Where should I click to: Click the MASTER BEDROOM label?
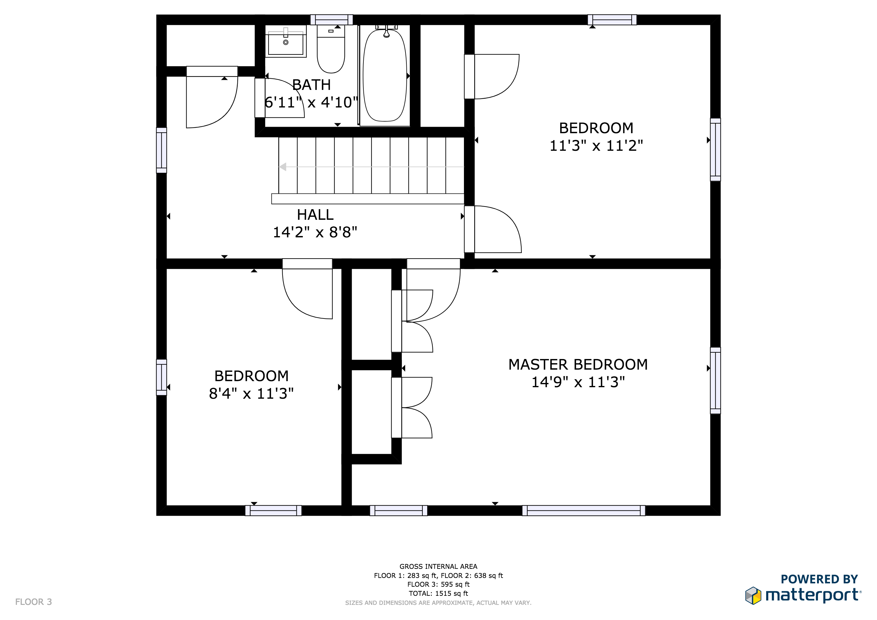coord(578,364)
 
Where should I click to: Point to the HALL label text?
coord(315,215)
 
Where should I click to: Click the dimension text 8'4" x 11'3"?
coord(251,394)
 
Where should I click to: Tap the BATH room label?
coord(311,85)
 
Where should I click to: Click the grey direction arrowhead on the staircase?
coord(283,167)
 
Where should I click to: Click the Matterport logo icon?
coord(753,595)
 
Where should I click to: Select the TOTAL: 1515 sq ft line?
coord(438,593)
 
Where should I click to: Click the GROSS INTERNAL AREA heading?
coord(438,566)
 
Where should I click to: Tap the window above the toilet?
coord(332,20)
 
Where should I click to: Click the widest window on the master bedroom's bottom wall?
coord(584,510)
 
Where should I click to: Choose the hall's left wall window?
coord(162,150)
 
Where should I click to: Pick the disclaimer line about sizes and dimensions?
coord(438,603)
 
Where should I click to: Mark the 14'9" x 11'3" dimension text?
coord(578,382)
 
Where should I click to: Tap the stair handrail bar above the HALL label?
coord(368,199)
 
